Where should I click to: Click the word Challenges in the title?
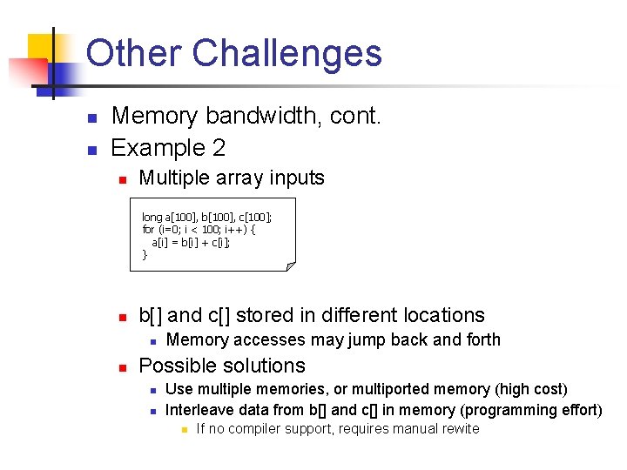pyautogui.click(x=287, y=53)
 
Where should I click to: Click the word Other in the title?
pyautogui.click(x=133, y=53)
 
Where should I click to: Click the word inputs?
pyautogui.click(x=296, y=178)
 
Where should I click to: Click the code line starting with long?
pyautogui.click(x=206, y=217)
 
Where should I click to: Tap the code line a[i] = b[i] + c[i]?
pyautogui.click(x=191, y=241)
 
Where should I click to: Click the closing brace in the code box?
pyautogui.click(x=145, y=254)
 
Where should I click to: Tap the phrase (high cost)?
pyautogui.click(x=530, y=389)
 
